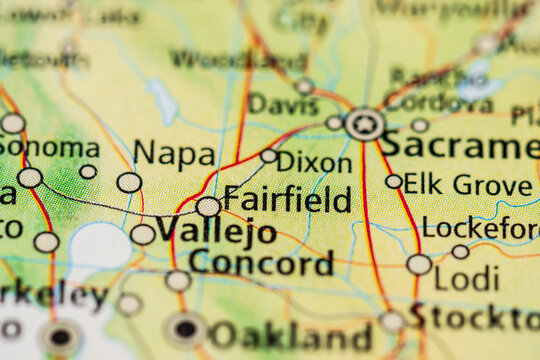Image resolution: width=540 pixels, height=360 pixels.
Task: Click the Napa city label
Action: (x=174, y=154)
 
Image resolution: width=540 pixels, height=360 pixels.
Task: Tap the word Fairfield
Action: (x=287, y=199)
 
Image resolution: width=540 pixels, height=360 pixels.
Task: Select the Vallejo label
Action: (x=216, y=232)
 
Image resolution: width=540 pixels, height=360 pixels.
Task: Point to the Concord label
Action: (x=261, y=263)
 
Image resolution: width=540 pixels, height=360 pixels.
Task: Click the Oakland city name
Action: (x=291, y=335)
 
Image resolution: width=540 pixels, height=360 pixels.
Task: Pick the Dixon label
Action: (x=315, y=163)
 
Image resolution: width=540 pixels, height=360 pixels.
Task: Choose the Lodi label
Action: (x=466, y=278)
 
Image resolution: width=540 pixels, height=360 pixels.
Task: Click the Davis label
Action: (x=283, y=104)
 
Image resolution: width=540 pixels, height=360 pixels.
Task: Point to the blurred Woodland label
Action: (x=238, y=59)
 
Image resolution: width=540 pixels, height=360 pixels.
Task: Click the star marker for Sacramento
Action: (x=365, y=124)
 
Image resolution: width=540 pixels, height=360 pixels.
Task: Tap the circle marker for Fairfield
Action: (x=208, y=207)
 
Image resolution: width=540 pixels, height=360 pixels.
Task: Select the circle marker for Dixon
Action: (x=269, y=156)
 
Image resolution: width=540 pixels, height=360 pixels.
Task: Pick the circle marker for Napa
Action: (x=129, y=182)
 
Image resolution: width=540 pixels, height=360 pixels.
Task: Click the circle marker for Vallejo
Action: (x=143, y=234)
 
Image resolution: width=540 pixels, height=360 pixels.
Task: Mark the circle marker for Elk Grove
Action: (x=394, y=182)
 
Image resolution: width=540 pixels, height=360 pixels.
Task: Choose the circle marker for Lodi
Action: (x=419, y=264)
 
